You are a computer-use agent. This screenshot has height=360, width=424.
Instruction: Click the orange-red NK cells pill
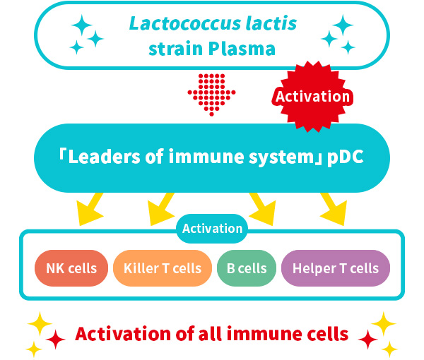coord(71,268)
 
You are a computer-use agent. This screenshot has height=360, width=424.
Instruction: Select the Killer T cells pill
coord(162,268)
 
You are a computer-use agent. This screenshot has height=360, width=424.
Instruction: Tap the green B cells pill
coord(246,268)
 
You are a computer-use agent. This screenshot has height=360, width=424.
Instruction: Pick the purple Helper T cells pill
coord(335,268)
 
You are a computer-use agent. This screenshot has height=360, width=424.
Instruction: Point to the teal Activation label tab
coord(212,229)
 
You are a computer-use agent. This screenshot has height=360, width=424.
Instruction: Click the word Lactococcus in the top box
coord(178,23)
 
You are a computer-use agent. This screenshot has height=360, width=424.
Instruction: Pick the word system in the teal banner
coord(281,157)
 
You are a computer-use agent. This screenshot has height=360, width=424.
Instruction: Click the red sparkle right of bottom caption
coord(367,340)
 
